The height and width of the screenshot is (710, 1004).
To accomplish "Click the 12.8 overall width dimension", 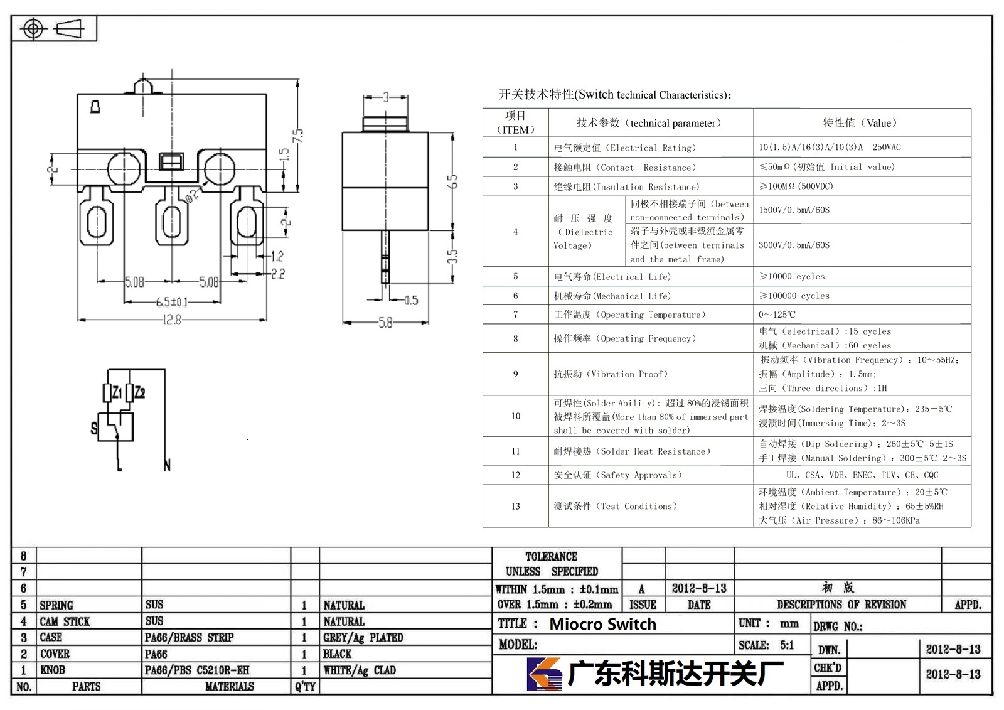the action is click(x=172, y=320).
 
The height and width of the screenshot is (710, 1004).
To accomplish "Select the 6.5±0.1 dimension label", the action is click(x=172, y=302).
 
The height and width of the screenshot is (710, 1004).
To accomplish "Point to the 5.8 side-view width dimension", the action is click(x=385, y=323).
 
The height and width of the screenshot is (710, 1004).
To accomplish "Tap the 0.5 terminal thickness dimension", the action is click(x=411, y=300).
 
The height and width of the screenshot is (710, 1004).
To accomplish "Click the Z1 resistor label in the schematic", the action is click(x=117, y=393).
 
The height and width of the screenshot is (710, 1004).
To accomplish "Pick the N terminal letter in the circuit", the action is click(x=167, y=465).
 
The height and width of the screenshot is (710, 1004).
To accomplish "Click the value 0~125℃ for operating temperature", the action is click(x=777, y=315).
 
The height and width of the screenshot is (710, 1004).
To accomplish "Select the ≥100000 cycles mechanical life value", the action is click(x=794, y=296).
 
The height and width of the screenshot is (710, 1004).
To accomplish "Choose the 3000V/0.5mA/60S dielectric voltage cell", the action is click(x=794, y=245).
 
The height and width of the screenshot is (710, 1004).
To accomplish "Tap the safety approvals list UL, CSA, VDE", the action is click(x=862, y=475).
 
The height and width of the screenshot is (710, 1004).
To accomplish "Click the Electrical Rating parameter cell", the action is click(x=625, y=148).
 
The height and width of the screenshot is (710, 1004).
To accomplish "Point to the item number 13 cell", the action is click(x=515, y=506).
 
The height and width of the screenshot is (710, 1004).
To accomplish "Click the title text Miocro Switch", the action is click(x=602, y=624).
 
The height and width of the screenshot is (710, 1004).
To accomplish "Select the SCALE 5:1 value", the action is click(x=787, y=645).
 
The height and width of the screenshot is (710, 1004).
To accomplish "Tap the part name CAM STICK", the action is click(x=65, y=621).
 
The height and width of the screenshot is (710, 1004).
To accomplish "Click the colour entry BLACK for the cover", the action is click(x=337, y=654).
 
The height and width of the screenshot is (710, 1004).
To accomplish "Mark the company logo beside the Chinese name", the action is click(x=544, y=674).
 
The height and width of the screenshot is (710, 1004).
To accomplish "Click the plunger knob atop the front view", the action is click(x=143, y=85).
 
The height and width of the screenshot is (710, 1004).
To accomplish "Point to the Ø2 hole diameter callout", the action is click(x=191, y=195).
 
